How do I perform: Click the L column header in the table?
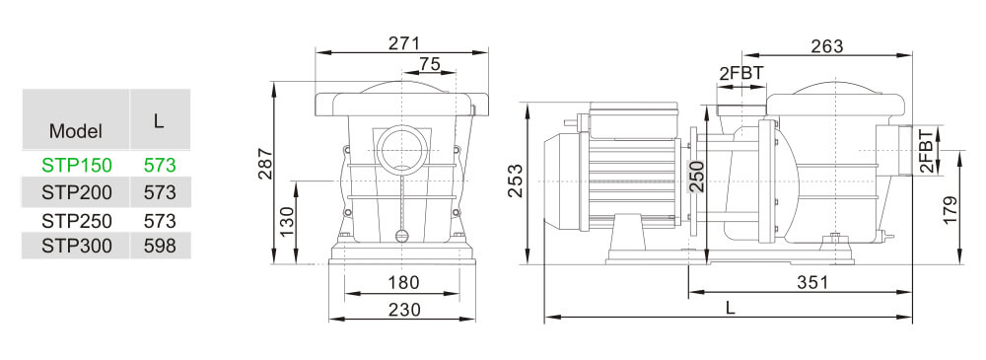(158, 119)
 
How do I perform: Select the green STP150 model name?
(76, 164)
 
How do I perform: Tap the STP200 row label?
(76, 191)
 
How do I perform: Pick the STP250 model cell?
(76, 220)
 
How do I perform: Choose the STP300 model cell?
(76, 246)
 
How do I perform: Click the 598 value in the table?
(159, 246)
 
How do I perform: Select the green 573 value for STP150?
(159, 164)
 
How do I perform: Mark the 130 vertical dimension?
(286, 222)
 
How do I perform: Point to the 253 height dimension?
(516, 180)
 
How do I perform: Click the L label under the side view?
(730, 308)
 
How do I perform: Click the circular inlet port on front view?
(399, 153)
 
